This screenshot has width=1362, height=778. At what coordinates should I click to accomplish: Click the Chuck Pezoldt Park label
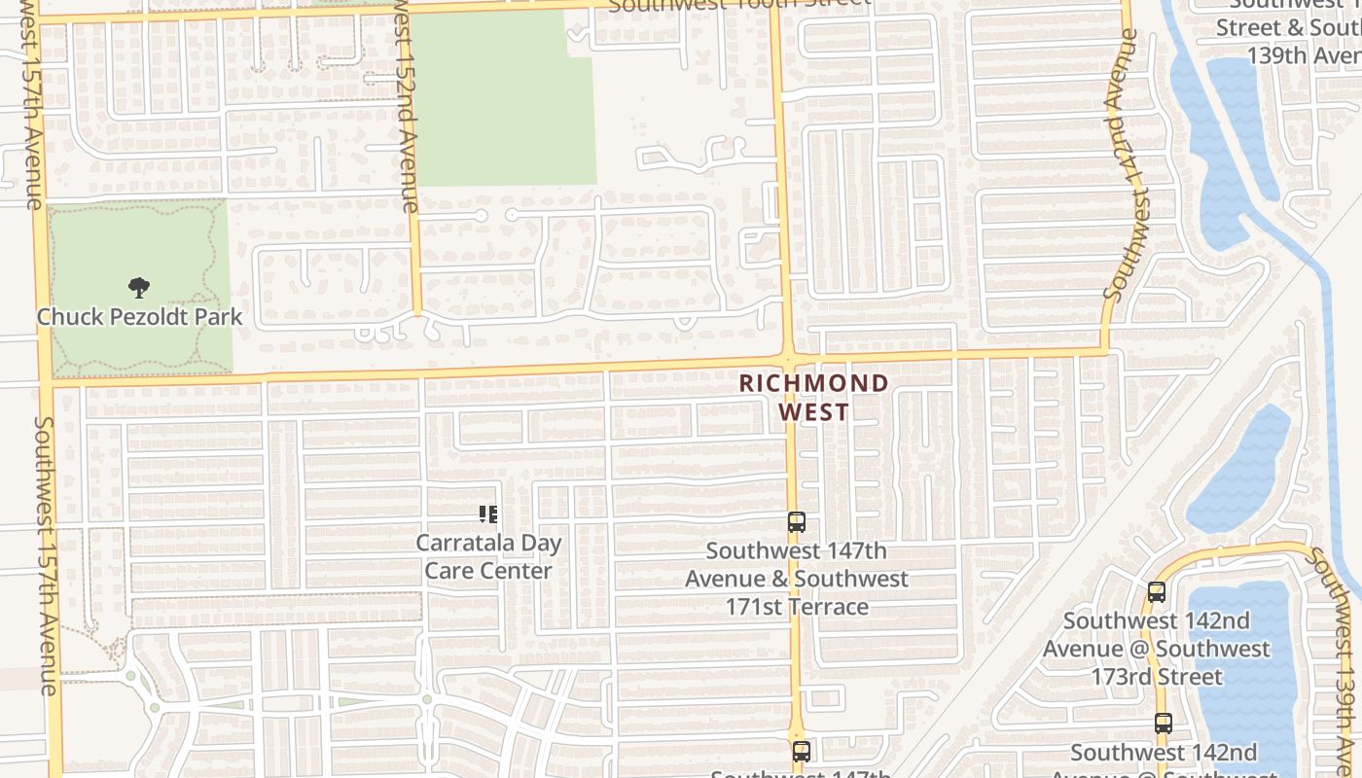pyautogui.click(x=139, y=317)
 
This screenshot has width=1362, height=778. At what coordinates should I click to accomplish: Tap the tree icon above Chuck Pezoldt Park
pyautogui.click(x=139, y=287)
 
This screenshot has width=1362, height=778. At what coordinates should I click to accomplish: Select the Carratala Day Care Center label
pyautogui.click(x=488, y=556)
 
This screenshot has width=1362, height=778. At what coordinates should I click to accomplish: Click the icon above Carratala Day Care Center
pyautogui.click(x=488, y=513)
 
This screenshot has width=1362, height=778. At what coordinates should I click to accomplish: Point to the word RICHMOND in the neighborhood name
pyautogui.click(x=813, y=383)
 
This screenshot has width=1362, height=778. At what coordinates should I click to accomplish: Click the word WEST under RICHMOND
pyautogui.click(x=813, y=412)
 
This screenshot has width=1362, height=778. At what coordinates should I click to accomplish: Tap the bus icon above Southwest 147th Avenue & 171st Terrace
pyautogui.click(x=796, y=522)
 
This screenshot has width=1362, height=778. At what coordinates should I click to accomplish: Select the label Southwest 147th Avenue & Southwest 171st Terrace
pyautogui.click(x=797, y=579)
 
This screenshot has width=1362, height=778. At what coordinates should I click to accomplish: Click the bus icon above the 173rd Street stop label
pyautogui.click(x=1156, y=591)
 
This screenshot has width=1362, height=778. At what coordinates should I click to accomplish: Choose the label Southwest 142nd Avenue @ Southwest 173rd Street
pyautogui.click(x=1156, y=649)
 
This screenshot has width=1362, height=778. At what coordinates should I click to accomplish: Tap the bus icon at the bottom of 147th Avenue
pyautogui.click(x=801, y=751)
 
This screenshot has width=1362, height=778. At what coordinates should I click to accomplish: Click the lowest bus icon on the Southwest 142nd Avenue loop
pyautogui.click(x=1163, y=723)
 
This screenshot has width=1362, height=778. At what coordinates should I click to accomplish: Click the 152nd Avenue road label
pyautogui.click(x=407, y=107)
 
